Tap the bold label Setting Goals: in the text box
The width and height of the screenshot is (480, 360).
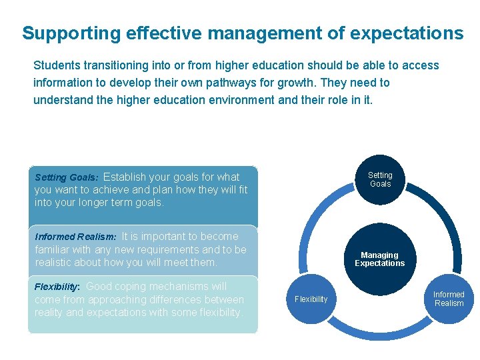pos(67,177)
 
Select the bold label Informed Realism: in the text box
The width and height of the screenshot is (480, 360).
pos(75,237)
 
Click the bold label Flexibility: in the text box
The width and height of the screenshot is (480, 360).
pos(57,287)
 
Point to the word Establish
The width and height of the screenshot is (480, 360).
pos(125,177)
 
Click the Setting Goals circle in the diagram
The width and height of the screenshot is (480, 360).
pos(380,179)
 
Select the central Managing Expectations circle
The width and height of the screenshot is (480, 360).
pos(379,259)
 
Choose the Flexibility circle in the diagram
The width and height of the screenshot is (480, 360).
pos(311,299)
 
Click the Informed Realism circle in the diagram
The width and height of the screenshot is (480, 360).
pos(449,299)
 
